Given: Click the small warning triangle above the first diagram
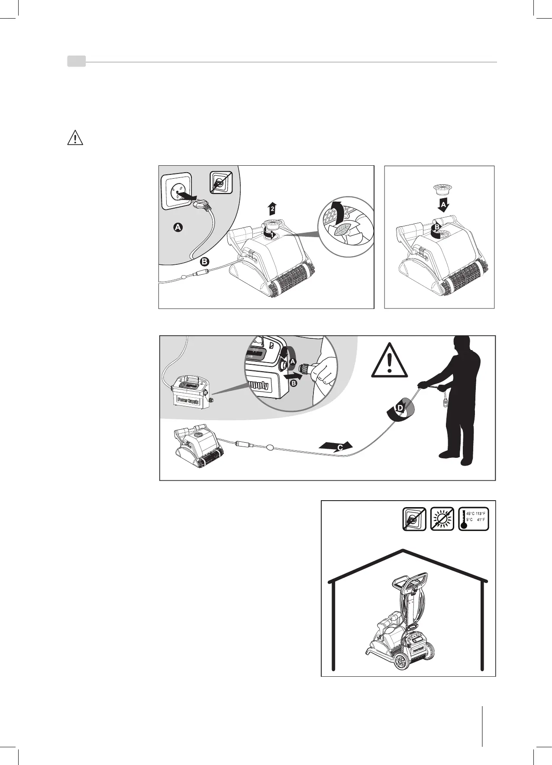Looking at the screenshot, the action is [75, 138].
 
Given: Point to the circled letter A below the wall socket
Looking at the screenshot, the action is [177, 227].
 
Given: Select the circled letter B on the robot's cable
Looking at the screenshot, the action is [205, 261].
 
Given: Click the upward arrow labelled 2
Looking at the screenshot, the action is [272, 209].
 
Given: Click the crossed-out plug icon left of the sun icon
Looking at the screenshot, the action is [414, 519].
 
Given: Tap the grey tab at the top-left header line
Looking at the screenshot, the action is [76, 62].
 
